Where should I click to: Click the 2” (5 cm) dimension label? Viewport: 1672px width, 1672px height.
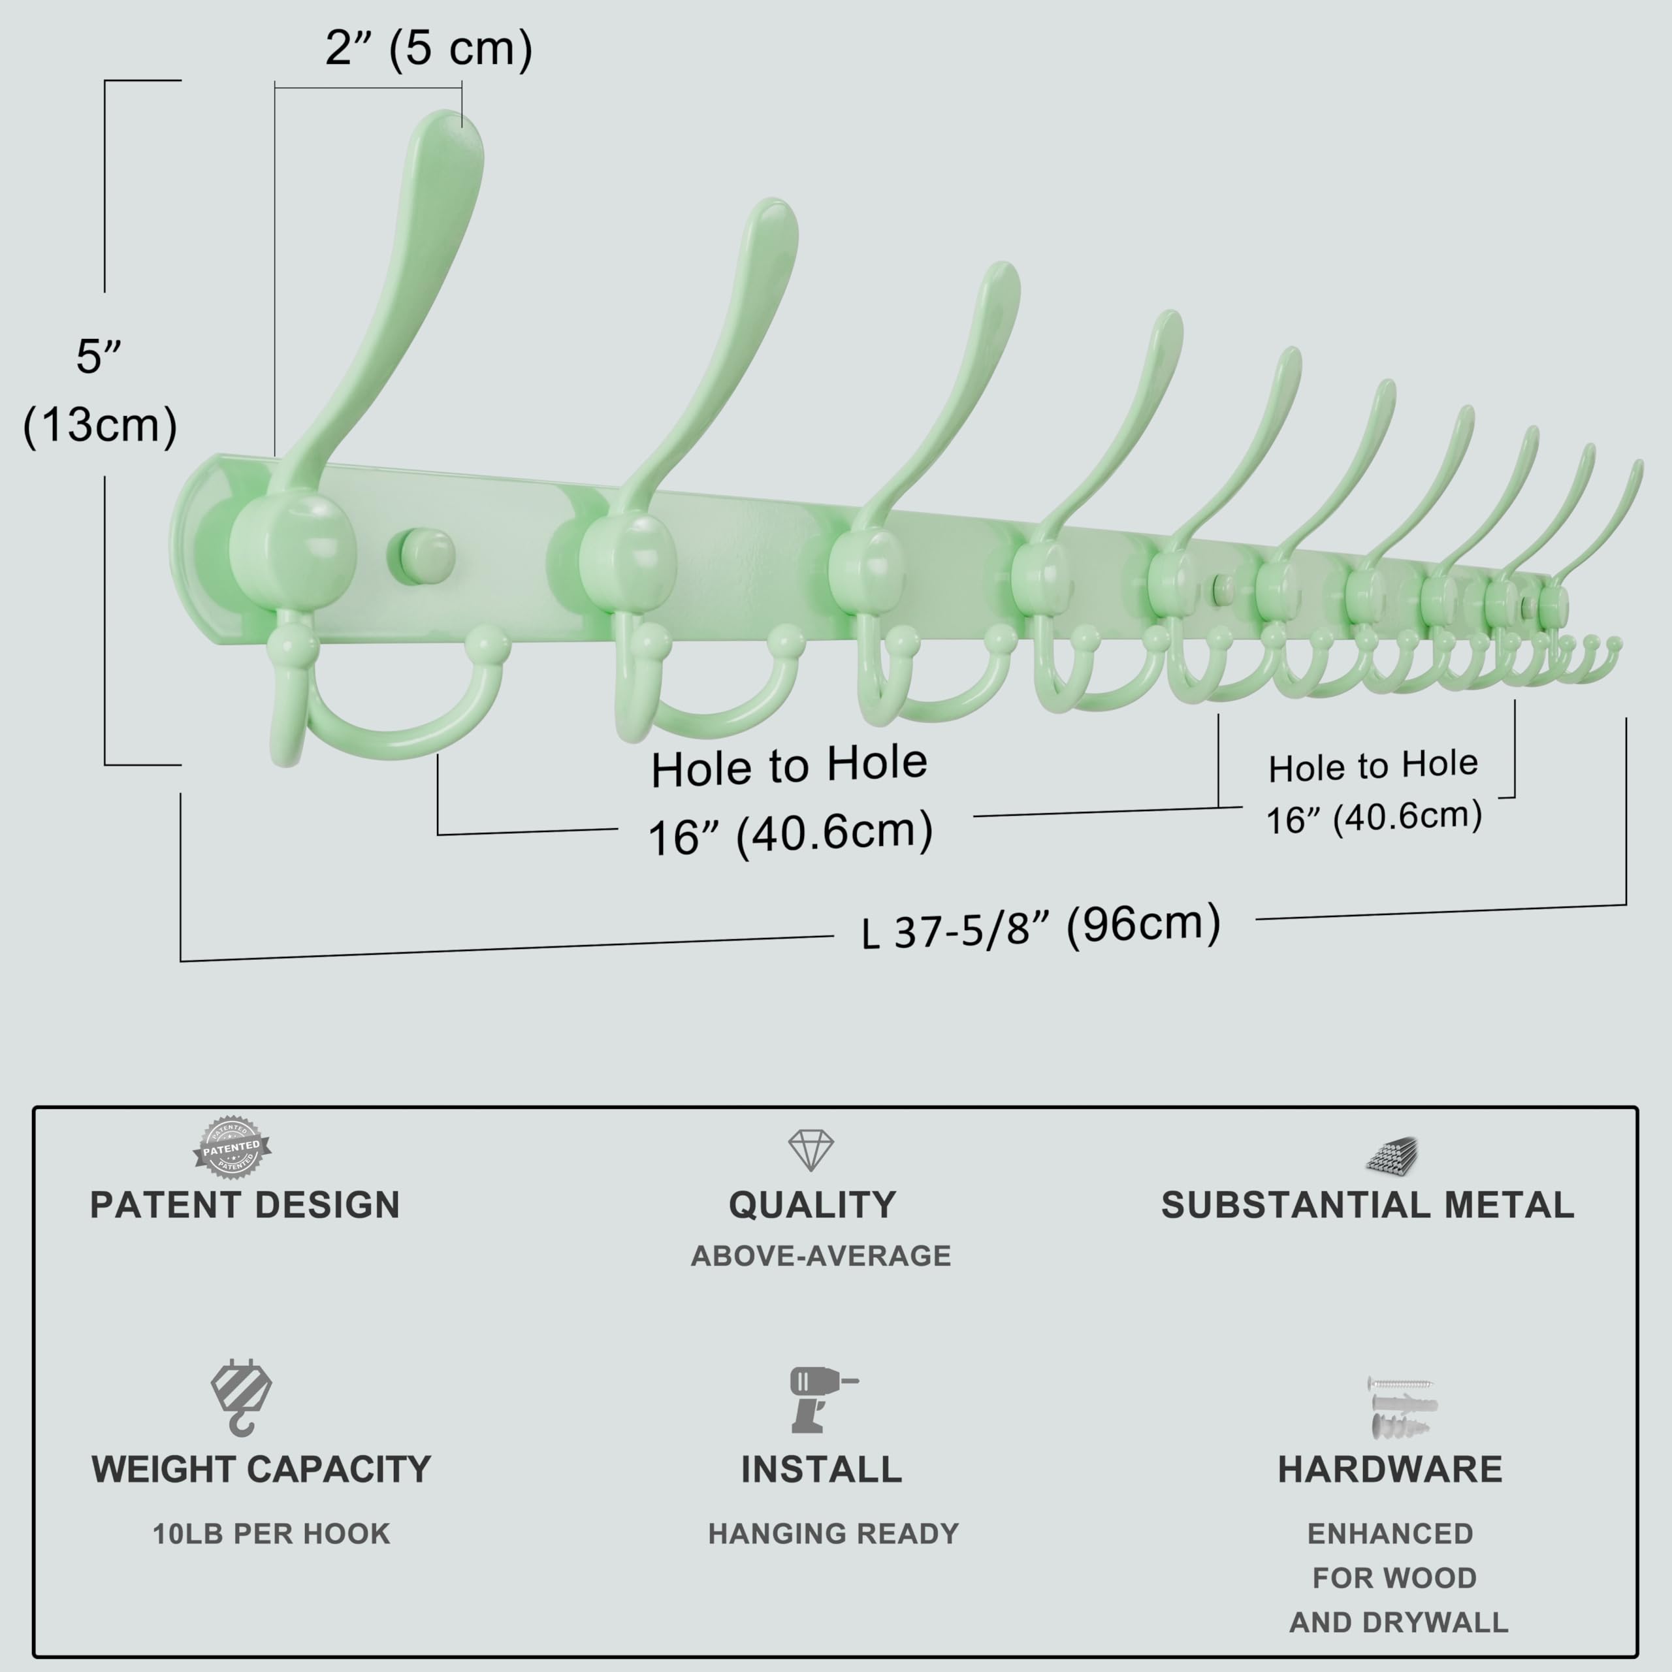point(428,48)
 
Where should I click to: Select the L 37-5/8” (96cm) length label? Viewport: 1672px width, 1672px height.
point(1041,927)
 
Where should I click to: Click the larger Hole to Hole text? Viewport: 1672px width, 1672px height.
point(789,767)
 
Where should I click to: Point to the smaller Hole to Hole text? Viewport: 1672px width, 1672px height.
point(1374,766)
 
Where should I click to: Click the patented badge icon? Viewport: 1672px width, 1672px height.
point(232,1148)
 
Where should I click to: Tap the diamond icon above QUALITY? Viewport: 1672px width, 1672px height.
point(811,1150)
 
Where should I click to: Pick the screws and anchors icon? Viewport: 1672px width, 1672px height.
point(1401,1408)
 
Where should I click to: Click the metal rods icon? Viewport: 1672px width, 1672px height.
point(1392,1155)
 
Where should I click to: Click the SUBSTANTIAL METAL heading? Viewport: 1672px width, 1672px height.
point(1368,1206)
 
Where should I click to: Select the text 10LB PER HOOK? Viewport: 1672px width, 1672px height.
point(272,1534)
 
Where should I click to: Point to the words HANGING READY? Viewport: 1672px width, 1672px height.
point(833,1534)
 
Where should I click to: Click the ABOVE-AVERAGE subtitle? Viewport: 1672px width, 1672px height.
point(820,1256)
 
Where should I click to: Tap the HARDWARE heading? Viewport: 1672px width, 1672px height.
point(1390,1470)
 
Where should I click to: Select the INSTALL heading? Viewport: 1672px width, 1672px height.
point(821,1470)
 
